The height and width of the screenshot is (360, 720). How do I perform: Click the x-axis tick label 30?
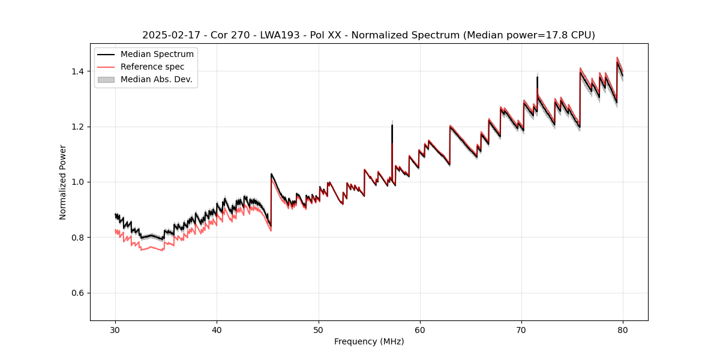tap(115, 329)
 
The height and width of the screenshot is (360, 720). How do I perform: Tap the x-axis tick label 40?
tap(217, 329)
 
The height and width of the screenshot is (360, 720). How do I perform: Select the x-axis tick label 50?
tap(319, 329)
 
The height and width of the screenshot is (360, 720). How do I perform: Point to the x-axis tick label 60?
tap(420, 329)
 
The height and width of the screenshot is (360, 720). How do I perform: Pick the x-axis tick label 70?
tap(521, 329)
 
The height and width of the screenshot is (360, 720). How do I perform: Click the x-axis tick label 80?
tap(623, 329)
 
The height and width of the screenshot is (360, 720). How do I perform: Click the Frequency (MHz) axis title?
tap(369, 341)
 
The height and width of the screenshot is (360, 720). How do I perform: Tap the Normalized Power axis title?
tap(63, 182)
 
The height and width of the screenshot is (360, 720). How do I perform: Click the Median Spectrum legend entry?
tap(157, 55)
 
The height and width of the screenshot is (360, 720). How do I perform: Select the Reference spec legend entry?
tap(152, 67)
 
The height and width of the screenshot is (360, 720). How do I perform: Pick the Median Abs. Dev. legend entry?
tap(156, 79)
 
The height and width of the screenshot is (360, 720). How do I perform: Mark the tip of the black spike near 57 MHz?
tap(392, 125)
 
